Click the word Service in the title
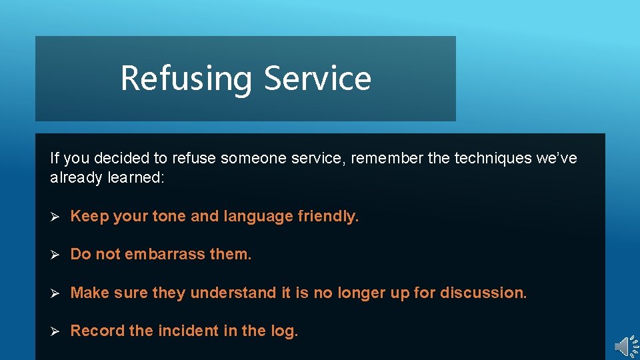pyautogui.click(x=317, y=78)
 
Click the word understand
pyautogui.click(x=233, y=292)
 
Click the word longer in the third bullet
pyautogui.click(x=361, y=293)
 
